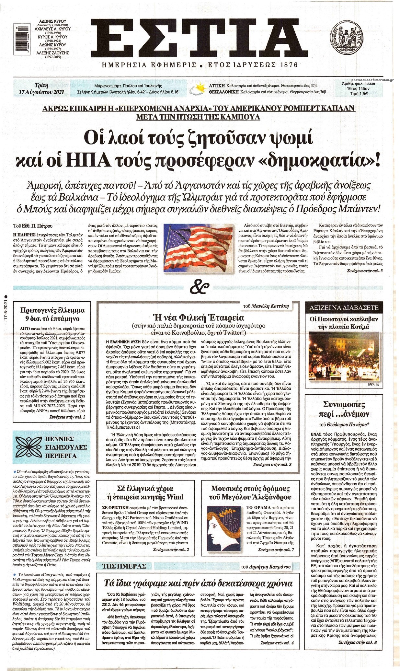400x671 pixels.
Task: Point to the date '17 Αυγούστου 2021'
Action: click(42, 92)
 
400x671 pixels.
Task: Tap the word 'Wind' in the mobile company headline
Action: click(175, 497)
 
